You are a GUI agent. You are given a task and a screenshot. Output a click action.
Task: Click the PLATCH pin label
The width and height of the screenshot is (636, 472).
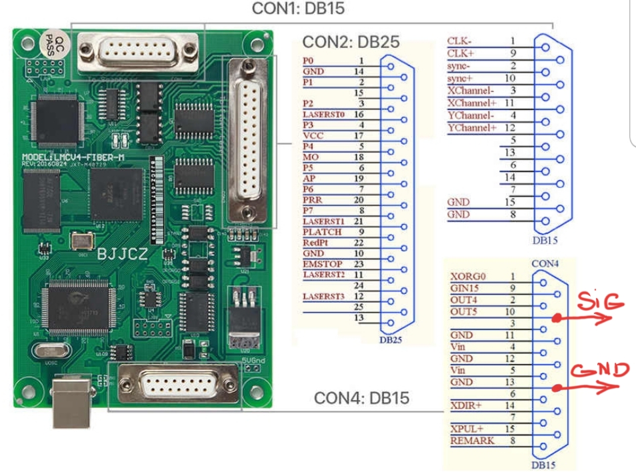[323, 231]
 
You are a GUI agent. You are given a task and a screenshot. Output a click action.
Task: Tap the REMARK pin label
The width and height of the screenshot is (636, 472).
[473, 441]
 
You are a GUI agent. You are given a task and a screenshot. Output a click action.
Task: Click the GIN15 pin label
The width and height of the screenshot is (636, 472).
[464, 287]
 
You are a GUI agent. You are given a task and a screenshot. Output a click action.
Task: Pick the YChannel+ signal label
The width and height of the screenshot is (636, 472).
[473, 127]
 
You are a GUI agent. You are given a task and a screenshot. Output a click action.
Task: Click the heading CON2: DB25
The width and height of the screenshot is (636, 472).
[351, 42]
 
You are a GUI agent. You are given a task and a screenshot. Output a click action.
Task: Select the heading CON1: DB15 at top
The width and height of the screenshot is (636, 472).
[298, 9]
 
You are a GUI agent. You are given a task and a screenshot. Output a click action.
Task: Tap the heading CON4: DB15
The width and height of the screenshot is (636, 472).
[362, 399]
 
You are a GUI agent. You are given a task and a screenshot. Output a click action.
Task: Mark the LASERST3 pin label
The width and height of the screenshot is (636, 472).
[325, 295]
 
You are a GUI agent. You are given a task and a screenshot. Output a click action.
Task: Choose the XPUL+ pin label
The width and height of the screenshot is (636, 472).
[465, 429]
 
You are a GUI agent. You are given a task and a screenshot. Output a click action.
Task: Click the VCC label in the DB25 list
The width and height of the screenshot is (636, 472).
[313, 135]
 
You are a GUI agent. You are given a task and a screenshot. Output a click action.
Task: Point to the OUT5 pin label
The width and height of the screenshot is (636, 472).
[463, 311]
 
